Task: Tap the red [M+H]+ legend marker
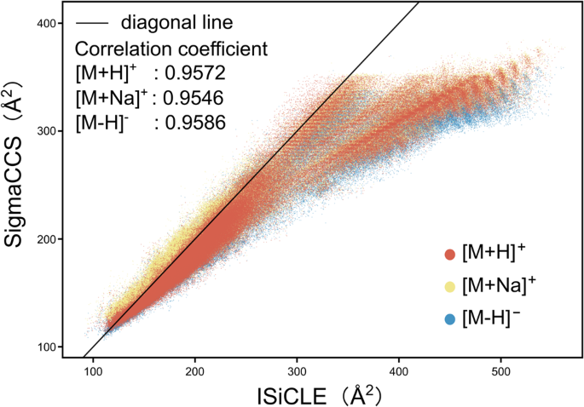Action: (448, 254)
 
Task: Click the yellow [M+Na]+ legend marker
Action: (448, 287)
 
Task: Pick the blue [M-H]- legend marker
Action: (448, 319)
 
